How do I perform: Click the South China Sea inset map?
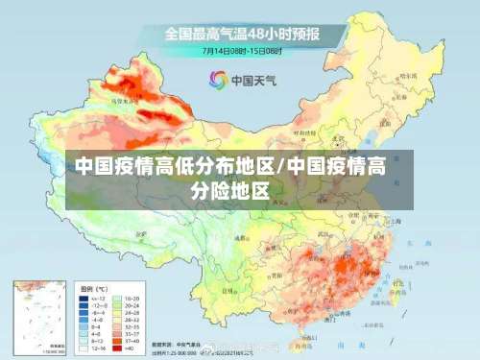38,317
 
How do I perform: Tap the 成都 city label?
240,237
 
